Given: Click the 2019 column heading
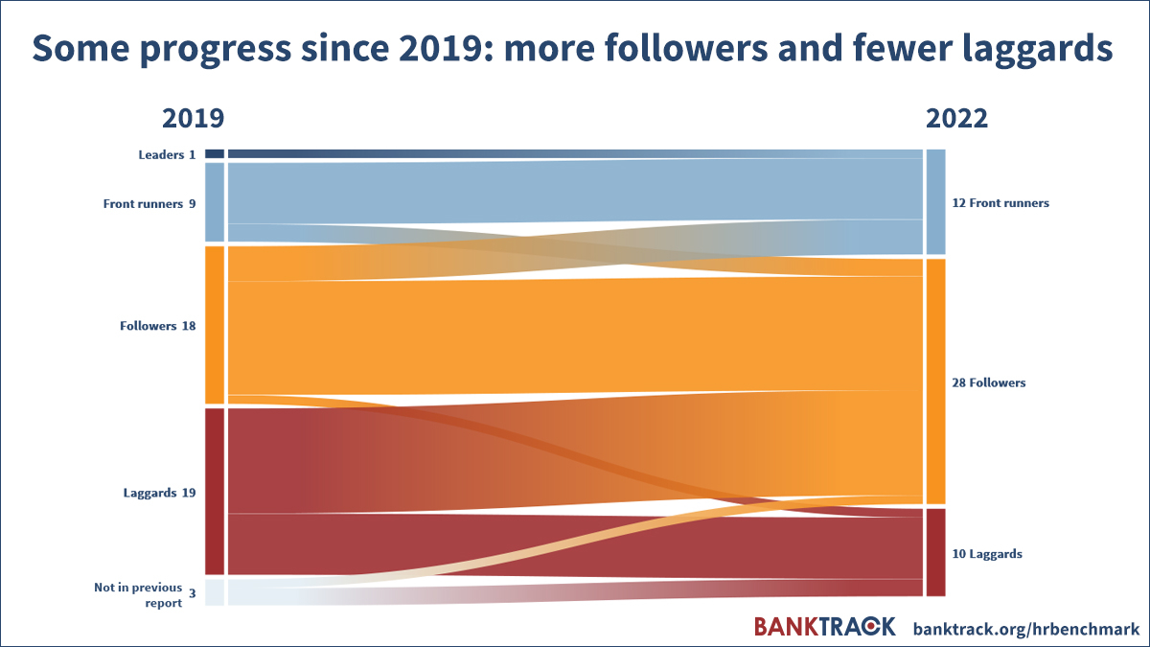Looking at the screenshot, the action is (193, 119).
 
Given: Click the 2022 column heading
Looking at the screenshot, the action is (956, 119).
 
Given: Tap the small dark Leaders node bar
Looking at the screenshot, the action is (215, 153).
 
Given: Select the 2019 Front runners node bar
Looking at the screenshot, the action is (215, 202).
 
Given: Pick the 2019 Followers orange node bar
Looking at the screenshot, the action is (215, 325).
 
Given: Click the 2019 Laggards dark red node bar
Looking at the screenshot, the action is (215, 492).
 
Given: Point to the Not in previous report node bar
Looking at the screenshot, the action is (215, 592).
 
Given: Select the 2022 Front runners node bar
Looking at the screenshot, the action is (935, 202).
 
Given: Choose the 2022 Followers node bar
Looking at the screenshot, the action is (935, 381).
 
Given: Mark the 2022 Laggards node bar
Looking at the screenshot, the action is (935, 552).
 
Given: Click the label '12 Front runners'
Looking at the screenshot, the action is (1000, 203).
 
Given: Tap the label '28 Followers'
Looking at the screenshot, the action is (988, 382).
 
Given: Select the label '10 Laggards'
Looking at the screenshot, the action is (987, 554).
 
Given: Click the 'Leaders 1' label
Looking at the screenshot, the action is (167, 154).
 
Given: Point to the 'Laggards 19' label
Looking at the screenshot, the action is (159, 493).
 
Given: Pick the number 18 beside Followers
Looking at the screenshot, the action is (189, 326).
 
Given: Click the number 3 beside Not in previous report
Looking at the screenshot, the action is (192, 593).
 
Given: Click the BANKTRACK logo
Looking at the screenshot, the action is (824, 627).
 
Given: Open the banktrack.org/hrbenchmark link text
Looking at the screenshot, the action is (1026, 629).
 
